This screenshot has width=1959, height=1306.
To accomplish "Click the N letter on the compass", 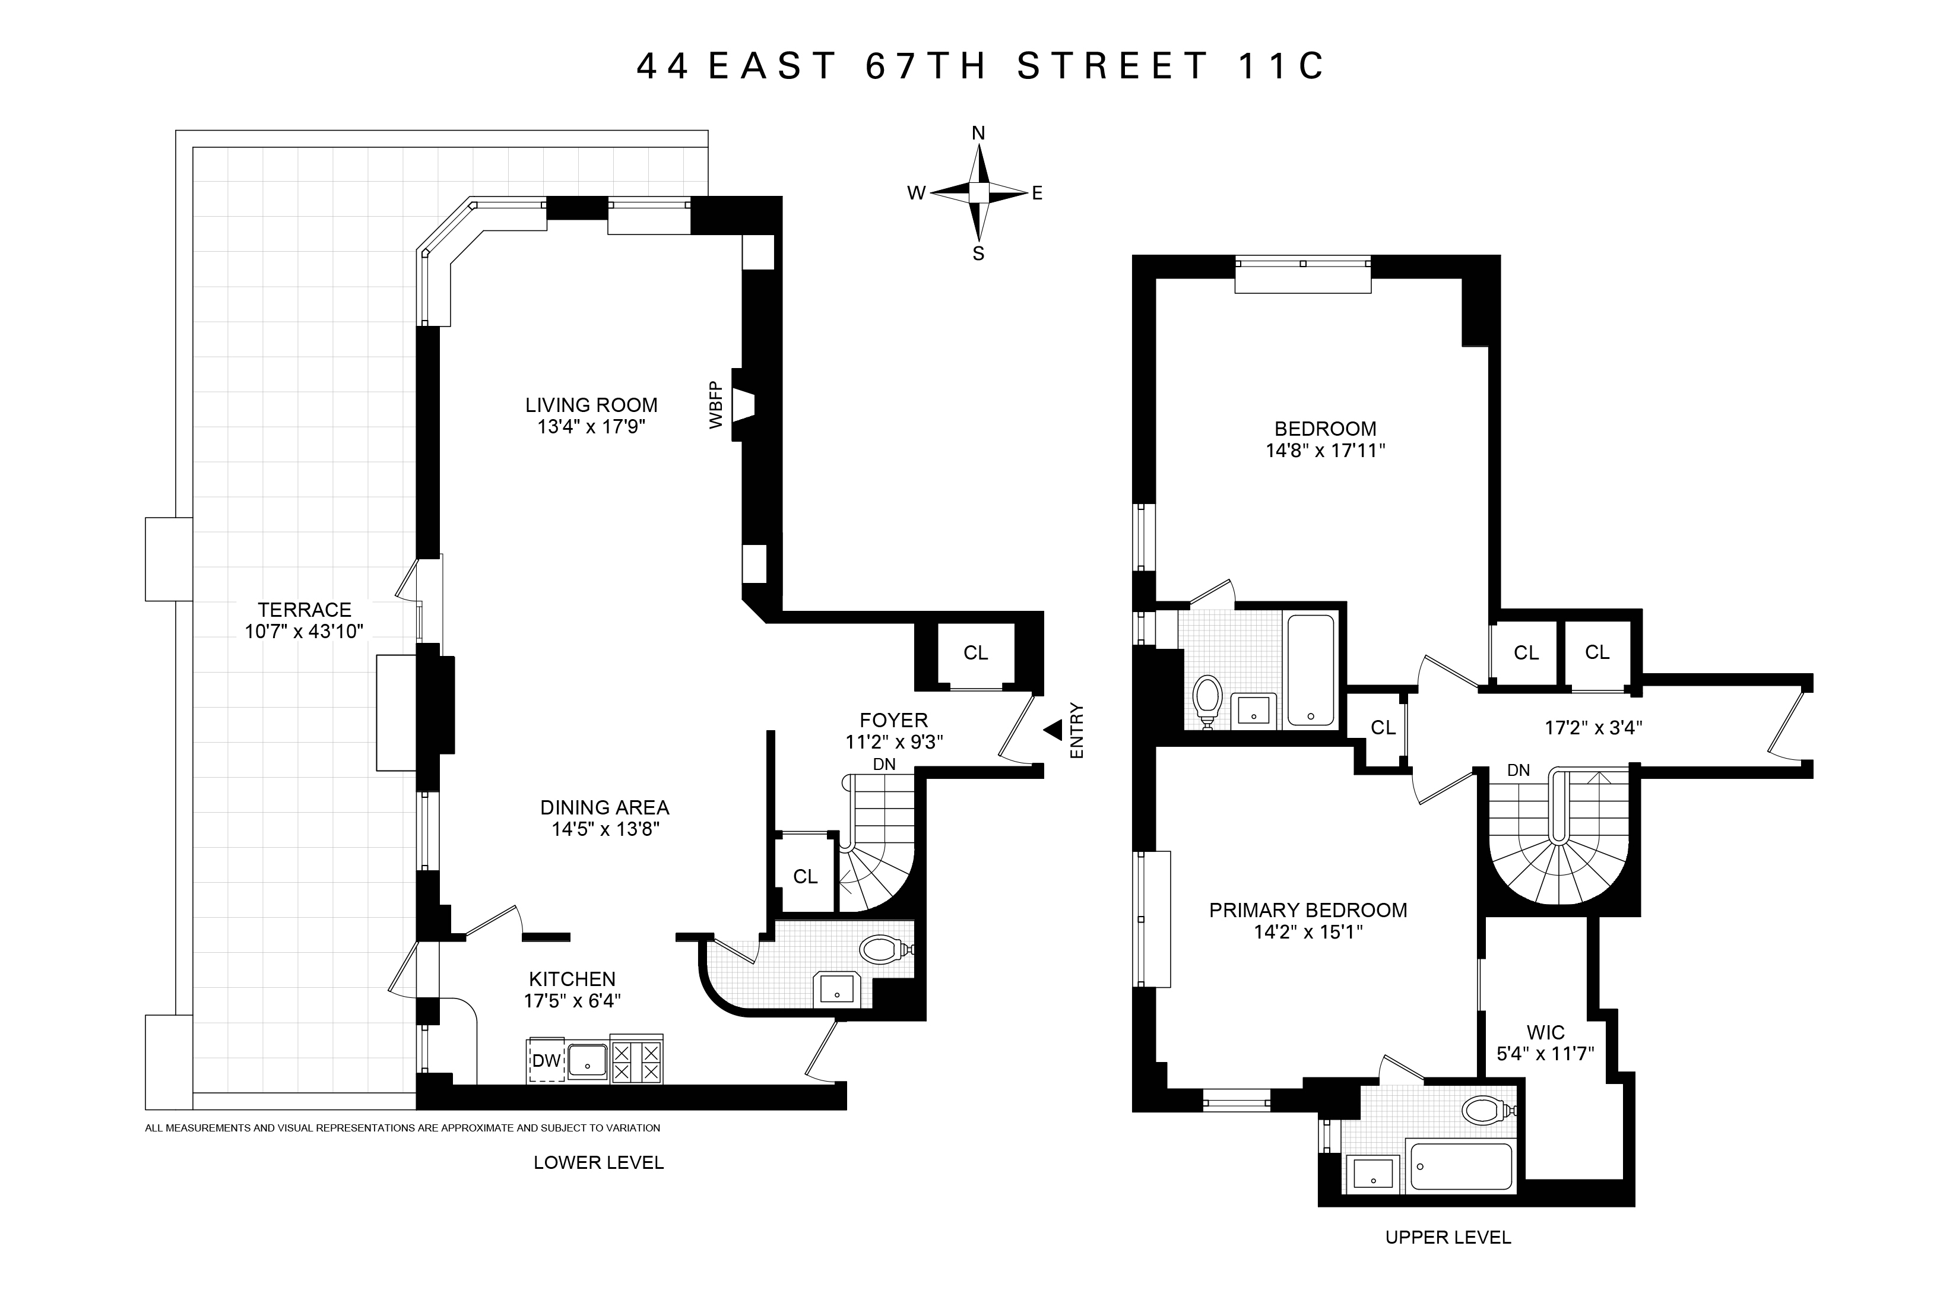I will click(979, 133).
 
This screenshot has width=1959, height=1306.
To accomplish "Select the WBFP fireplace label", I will click(715, 405).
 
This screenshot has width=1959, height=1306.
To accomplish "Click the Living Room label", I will click(591, 405).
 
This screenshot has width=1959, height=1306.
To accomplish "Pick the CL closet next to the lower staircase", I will click(806, 876).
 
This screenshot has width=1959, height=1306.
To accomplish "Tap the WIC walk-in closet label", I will click(1545, 1033).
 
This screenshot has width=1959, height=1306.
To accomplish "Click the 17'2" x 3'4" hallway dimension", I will click(1593, 728).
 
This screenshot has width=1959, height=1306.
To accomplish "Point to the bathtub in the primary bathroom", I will click(1462, 1166).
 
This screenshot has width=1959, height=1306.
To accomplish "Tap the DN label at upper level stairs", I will click(1519, 771).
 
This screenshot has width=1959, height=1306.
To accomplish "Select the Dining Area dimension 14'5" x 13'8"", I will click(605, 829).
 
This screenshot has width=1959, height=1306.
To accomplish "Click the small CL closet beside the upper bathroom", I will click(1383, 728).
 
